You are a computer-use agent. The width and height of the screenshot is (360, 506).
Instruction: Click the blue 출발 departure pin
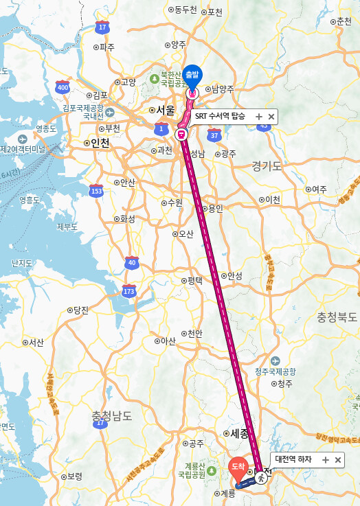point(193,75)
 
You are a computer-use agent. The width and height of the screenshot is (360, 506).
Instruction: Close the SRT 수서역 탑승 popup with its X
point(271,117)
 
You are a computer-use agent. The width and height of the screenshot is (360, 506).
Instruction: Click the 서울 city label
point(166,110)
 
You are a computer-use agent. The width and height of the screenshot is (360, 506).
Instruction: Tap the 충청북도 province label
point(337,317)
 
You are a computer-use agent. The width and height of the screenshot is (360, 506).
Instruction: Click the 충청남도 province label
point(111,415)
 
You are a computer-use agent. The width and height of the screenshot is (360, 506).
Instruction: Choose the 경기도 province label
point(267,165)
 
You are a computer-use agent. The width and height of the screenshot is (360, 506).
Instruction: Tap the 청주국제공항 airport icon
point(275,361)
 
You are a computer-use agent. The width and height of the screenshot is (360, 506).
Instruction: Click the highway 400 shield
point(63,87)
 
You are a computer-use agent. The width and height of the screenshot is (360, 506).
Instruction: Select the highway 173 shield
point(128,292)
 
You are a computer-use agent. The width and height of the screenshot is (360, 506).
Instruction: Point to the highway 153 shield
point(96,191)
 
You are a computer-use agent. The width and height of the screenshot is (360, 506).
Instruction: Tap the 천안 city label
point(194,333)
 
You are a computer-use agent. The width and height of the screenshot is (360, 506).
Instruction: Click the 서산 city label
point(34,342)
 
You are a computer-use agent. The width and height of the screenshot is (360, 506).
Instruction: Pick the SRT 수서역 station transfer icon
point(181,134)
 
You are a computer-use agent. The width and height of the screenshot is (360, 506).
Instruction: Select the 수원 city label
point(175,203)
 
